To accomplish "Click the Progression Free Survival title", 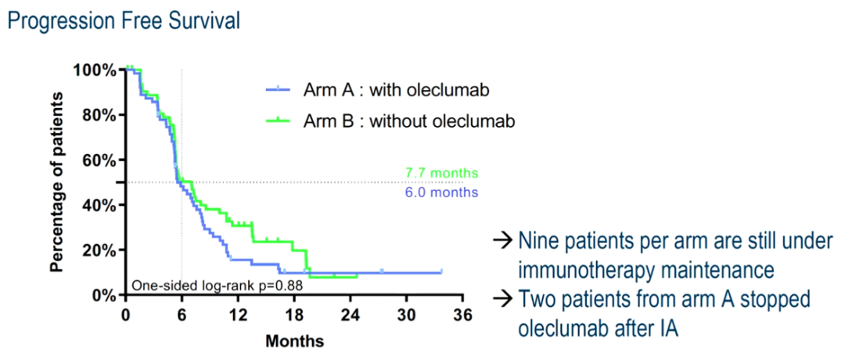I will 123,21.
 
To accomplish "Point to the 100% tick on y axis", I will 95,70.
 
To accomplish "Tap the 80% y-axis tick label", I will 99,115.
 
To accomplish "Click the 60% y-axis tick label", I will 99,160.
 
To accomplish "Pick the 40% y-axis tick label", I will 99,205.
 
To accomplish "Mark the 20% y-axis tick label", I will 99,250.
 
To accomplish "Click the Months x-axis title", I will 294,341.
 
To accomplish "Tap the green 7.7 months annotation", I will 441,173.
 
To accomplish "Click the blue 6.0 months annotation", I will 441,193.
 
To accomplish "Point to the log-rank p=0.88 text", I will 217,286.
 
